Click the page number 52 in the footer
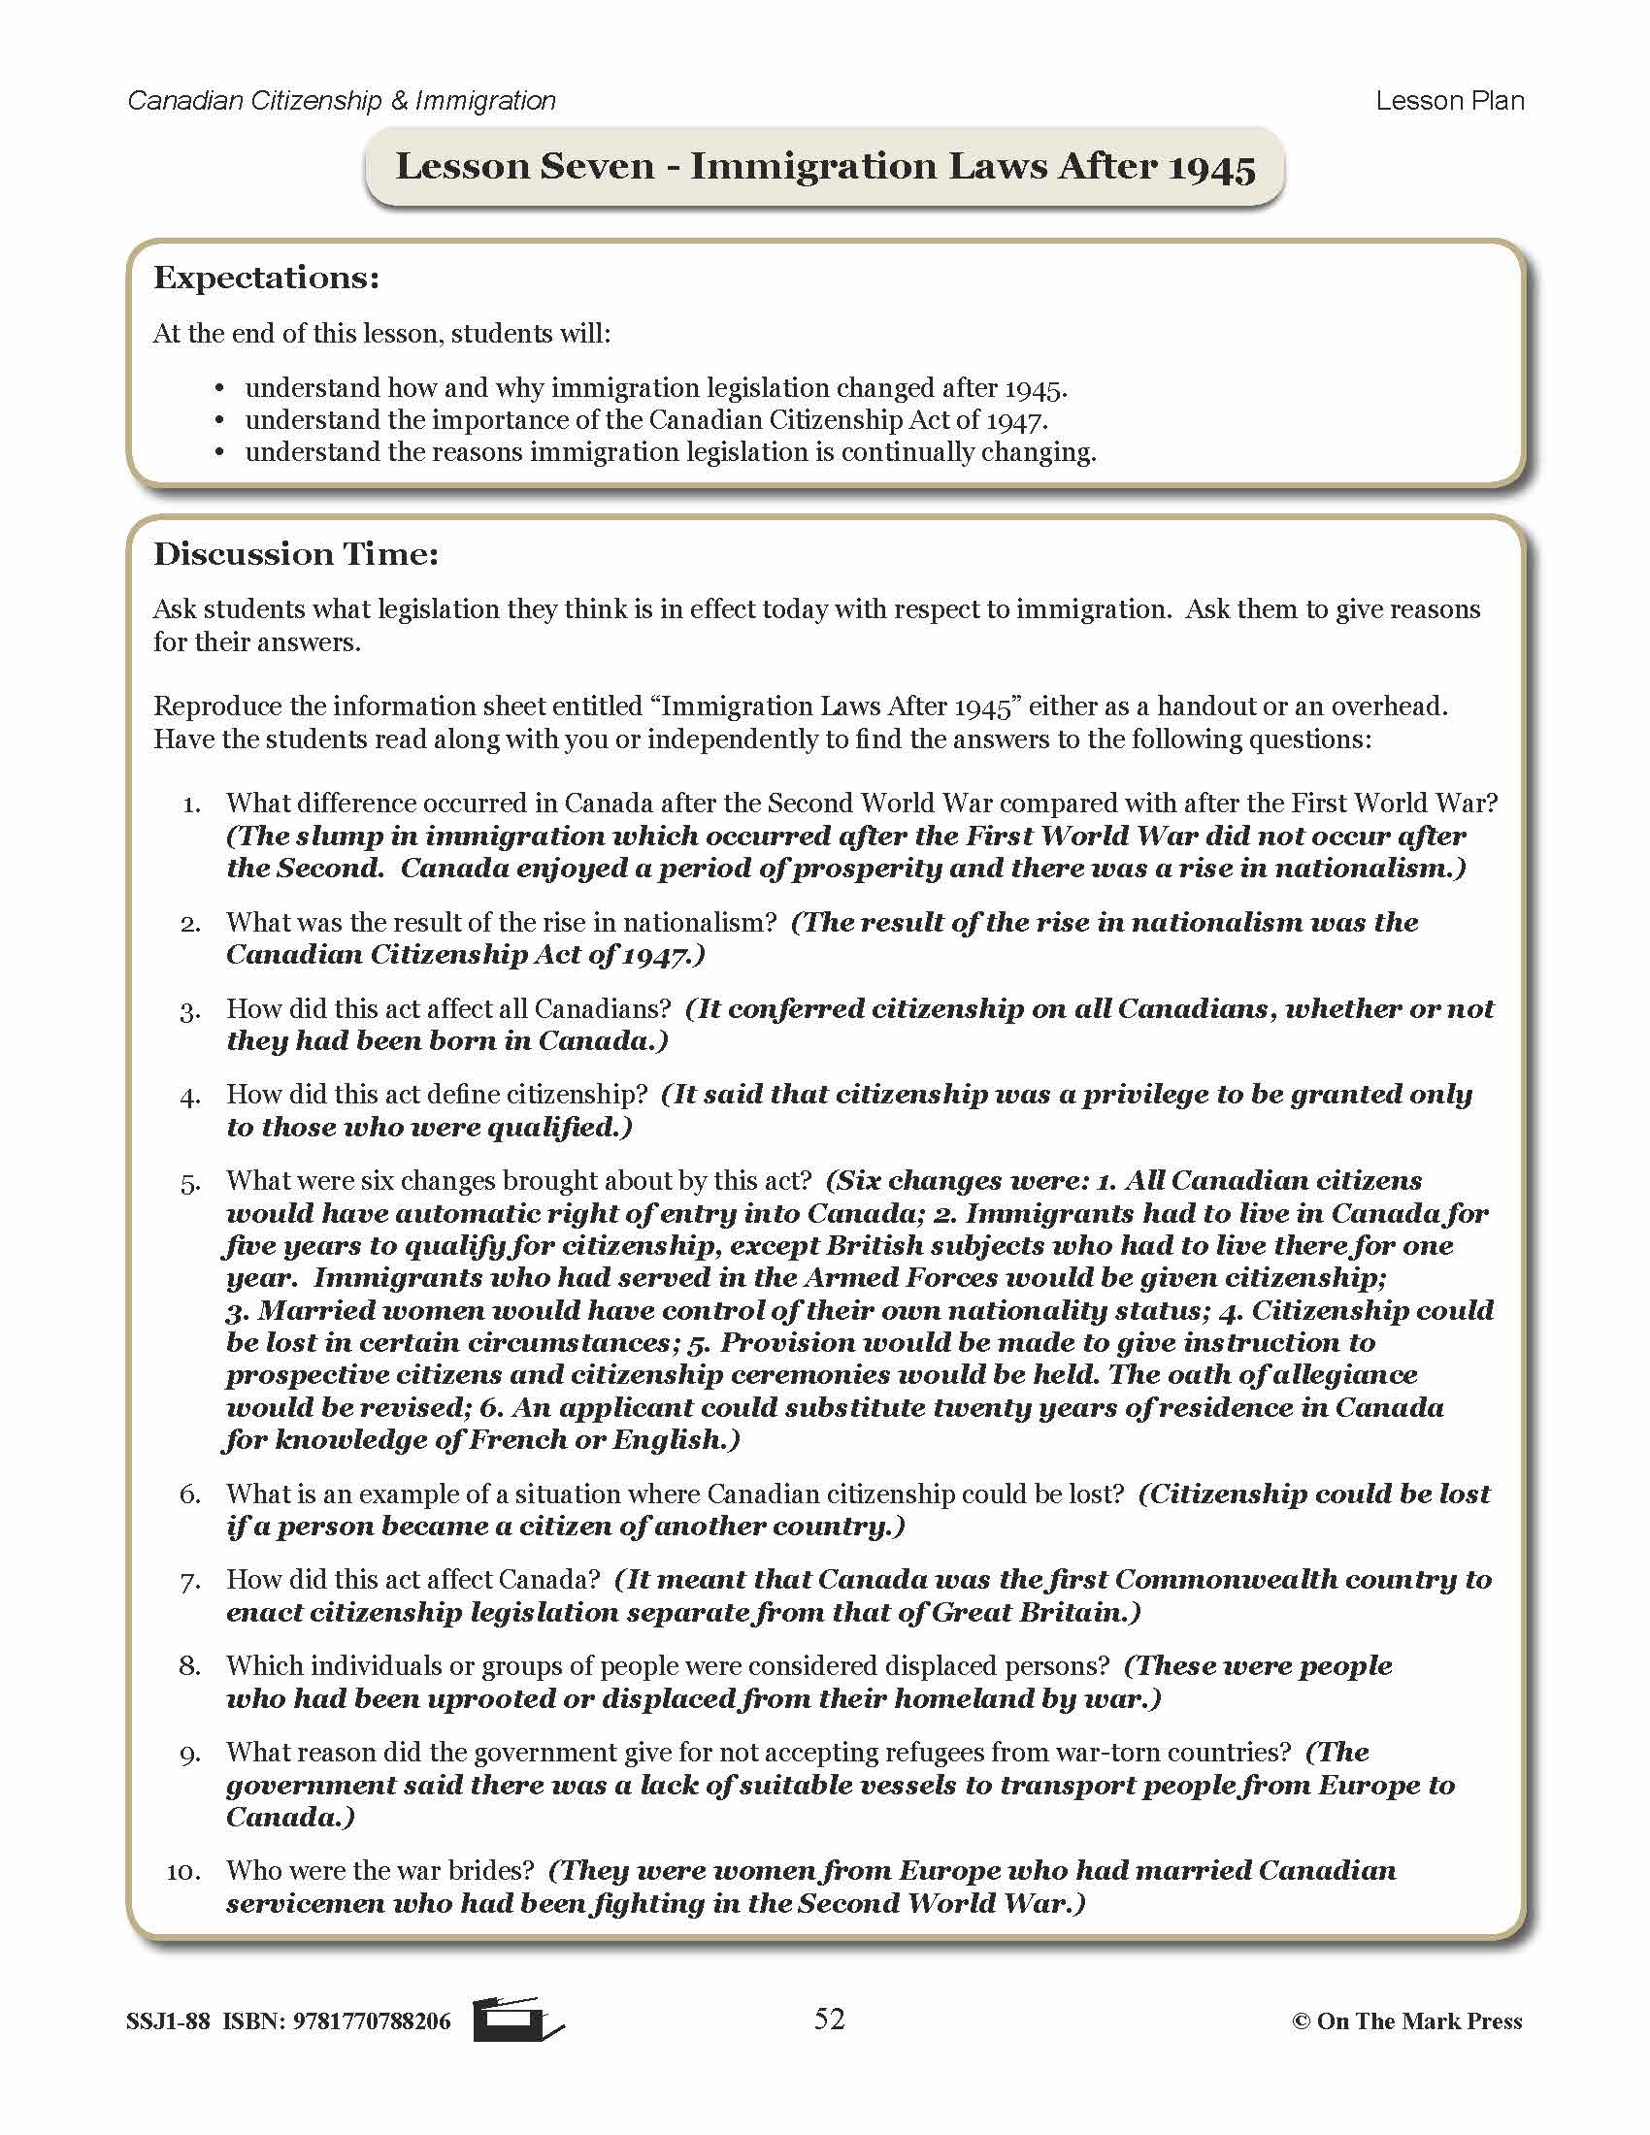coord(829,2019)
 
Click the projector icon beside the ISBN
coord(516,2020)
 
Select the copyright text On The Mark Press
coord(1418,2021)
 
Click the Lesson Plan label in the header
coord(1450,101)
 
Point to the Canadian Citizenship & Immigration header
coord(341,101)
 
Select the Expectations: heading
coord(266,278)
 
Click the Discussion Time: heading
coord(296,554)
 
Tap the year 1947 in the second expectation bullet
coord(1015,421)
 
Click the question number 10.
coord(182,1871)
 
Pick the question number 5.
coord(189,1183)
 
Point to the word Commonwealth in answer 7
coord(1225,1579)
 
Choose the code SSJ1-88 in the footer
coord(167,2021)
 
